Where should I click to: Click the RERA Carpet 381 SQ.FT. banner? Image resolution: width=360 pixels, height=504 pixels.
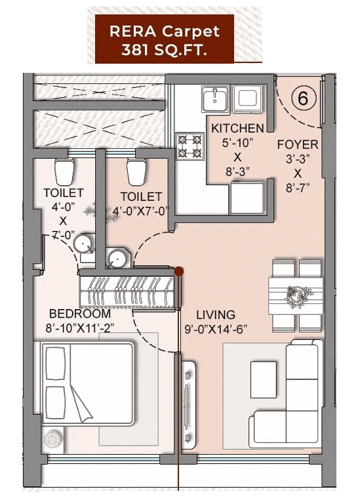click(164, 41)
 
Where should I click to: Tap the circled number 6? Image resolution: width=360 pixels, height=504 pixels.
click(303, 98)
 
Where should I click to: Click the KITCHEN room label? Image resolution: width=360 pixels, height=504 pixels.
click(237, 128)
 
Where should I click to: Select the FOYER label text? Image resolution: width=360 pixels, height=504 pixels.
click(298, 144)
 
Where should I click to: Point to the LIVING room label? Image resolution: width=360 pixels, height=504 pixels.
click(216, 315)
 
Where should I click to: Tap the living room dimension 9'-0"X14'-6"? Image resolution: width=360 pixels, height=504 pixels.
click(216, 329)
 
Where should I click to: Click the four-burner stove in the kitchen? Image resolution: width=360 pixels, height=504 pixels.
click(190, 146)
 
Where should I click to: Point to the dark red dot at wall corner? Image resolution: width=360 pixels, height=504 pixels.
click(178, 269)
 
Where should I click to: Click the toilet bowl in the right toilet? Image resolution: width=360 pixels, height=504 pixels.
click(136, 172)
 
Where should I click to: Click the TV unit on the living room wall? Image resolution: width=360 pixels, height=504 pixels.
click(189, 394)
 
